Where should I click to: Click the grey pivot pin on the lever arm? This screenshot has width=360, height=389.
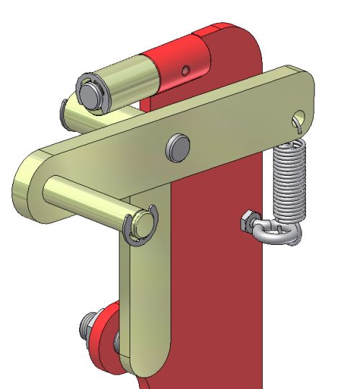177,146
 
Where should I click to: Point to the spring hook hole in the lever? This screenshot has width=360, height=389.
300,116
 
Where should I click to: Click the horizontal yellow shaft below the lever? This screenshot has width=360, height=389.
86,202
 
